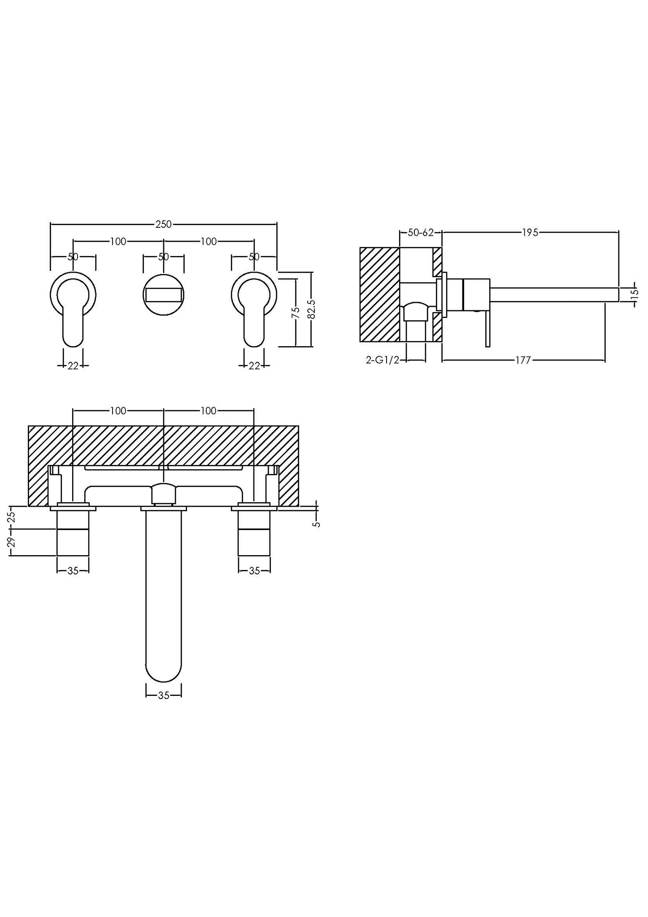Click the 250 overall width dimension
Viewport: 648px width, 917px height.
(163, 224)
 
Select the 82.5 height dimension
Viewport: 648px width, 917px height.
(312, 309)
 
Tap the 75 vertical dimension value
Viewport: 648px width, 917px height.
(296, 312)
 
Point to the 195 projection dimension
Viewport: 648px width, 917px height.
(530, 232)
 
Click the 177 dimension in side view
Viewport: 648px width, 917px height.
(523, 360)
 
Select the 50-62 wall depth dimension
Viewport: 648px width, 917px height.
(421, 232)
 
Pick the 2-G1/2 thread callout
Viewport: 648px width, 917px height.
(383, 360)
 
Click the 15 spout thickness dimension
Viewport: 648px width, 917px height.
(634, 294)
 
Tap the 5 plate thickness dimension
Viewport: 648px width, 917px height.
(317, 523)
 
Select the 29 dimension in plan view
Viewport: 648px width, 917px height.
(12, 542)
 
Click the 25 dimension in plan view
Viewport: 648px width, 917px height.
(12, 517)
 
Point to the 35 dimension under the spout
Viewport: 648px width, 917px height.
(164, 695)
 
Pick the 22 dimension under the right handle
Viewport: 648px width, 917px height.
(254, 365)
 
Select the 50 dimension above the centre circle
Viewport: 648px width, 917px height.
(163, 257)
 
